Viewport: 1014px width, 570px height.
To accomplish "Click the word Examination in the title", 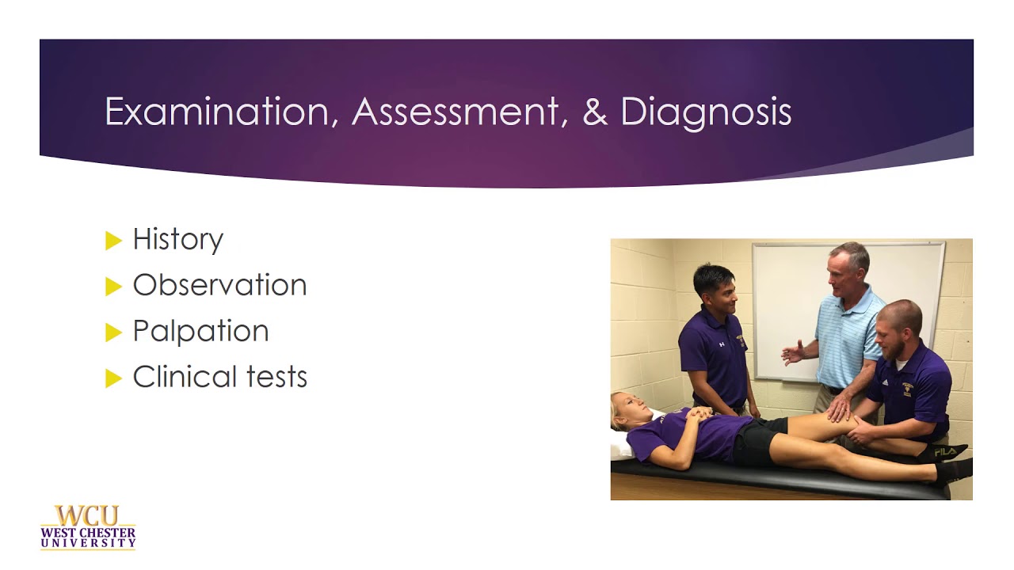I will (x=215, y=112).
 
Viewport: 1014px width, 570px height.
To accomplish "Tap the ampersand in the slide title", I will (x=594, y=112).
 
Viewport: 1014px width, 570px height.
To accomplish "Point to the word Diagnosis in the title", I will (x=706, y=112).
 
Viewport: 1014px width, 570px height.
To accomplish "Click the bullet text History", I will (x=177, y=239).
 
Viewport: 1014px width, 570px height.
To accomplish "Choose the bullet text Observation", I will (x=219, y=285).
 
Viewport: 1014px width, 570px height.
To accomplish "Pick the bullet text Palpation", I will (x=200, y=331).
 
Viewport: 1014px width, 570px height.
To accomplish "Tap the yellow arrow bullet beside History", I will (x=113, y=240).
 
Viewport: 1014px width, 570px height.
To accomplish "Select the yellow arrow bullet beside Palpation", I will (x=113, y=332).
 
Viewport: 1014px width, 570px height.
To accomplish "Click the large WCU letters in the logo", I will (x=88, y=515).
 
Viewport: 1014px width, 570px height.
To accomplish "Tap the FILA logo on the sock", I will (x=943, y=451).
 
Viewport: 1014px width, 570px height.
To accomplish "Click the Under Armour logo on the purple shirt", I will (x=722, y=344).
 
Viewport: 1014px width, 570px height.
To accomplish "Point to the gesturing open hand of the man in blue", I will (x=792, y=352).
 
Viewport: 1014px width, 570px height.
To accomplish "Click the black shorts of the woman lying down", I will (x=757, y=443).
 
